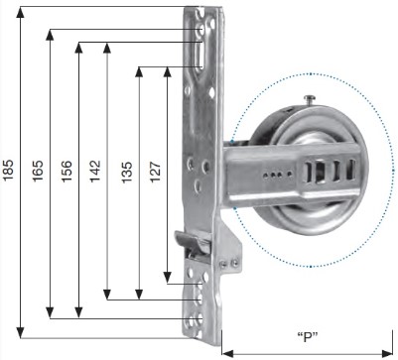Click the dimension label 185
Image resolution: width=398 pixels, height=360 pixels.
click(x=8, y=170)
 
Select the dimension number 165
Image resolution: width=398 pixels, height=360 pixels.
click(x=38, y=171)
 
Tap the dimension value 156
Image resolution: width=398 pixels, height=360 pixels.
click(x=66, y=171)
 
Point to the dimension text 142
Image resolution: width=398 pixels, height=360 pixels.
click(x=95, y=171)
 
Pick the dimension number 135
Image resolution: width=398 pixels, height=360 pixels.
click(x=126, y=172)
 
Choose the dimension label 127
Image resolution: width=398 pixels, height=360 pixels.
click(x=155, y=172)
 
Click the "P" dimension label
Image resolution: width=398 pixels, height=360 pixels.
click(x=308, y=337)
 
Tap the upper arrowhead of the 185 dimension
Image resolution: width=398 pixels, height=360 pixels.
click(x=21, y=12)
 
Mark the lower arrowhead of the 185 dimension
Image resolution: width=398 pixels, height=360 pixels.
click(x=21, y=332)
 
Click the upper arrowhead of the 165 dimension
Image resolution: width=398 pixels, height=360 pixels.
click(x=50, y=35)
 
